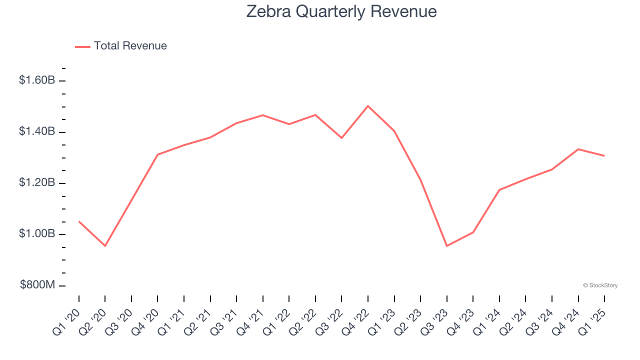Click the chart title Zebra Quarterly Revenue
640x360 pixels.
coord(341,12)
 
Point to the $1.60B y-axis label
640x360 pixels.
coord(37,80)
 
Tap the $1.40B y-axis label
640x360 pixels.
coord(37,131)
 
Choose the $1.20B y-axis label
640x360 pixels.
coord(37,183)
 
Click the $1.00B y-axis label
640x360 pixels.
coord(37,234)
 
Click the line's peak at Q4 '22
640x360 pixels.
coord(368,106)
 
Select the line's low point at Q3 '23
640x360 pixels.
coord(446,246)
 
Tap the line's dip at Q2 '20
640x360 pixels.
coord(105,246)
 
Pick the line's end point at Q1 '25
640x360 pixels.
coord(604,155)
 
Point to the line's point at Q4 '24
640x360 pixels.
coord(578,149)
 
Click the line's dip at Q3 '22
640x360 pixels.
coord(341,138)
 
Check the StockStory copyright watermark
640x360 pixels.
coord(600,285)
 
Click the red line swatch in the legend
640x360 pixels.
coord(82,46)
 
